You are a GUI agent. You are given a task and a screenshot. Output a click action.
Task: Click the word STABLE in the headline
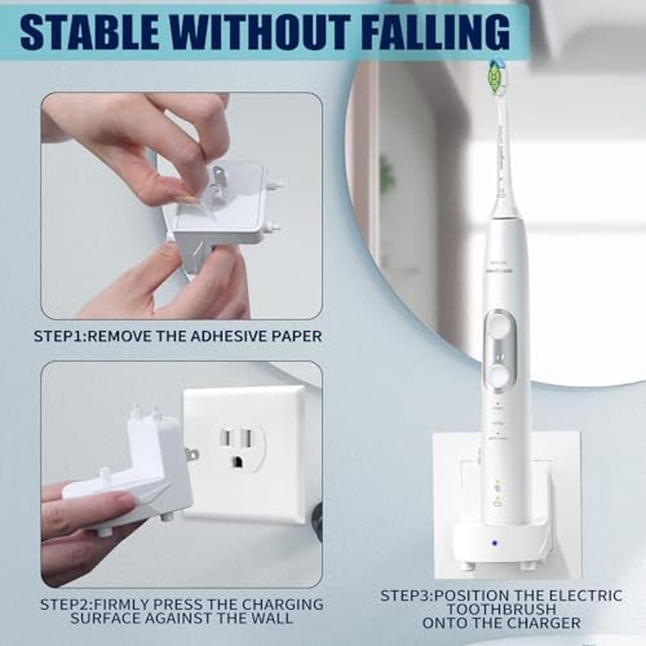[x=89, y=32]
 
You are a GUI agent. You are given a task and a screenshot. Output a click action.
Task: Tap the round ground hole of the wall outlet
[x=238, y=461]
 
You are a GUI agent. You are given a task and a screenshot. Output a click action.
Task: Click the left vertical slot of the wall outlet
[x=226, y=437]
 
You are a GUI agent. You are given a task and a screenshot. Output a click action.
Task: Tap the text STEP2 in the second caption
[x=65, y=605]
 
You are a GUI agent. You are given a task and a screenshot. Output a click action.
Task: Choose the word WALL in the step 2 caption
[x=271, y=618]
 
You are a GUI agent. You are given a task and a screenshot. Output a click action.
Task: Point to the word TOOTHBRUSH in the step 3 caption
[x=501, y=609]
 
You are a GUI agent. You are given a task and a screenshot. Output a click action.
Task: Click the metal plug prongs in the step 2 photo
[x=192, y=455]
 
